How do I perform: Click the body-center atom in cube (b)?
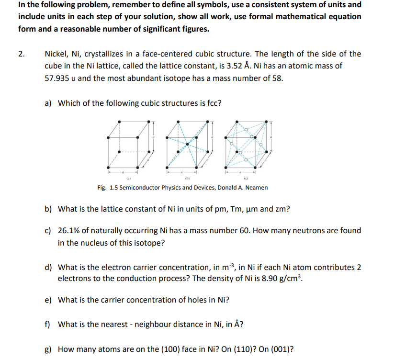point(188,144)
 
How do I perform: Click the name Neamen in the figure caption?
point(256,188)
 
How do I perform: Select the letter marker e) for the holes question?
point(48,300)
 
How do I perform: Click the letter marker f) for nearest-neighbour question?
point(48,324)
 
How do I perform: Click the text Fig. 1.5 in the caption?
point(107,188)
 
